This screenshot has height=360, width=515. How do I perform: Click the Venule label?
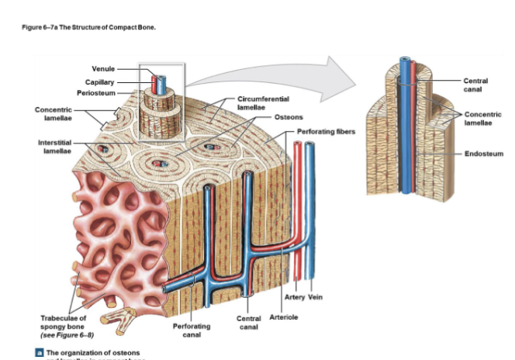[x=103, y=69]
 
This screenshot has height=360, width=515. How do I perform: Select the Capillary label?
[x=100, y=81]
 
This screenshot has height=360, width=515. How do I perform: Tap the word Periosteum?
[x=97, y=93]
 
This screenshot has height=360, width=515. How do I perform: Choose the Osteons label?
[x=289, y=116]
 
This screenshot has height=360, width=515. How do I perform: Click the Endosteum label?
[x=484, y=154]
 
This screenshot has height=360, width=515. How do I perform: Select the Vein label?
[x=315, y=297]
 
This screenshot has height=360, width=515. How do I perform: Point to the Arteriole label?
[x=284, y=317]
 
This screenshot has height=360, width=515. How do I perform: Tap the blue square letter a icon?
[x=39, y=352]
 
